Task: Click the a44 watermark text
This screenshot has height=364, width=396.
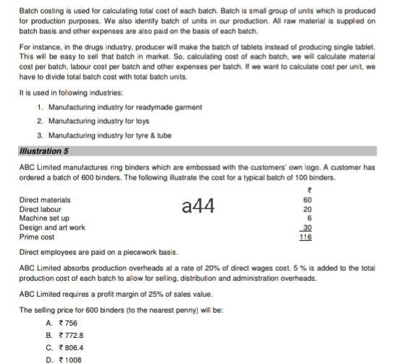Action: pyautogui.click(x=198, y=207)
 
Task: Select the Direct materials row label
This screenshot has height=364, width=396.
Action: pyautogui.click(x=45, y=200)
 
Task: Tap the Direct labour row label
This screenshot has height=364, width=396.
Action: pyautogui.click(x=41, y=209)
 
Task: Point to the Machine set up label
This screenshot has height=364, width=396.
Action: pyautogui.click(x=44, y=218)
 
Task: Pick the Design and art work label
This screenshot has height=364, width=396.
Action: pyautogui.click(x=52, y=227)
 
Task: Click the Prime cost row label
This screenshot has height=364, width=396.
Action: pyautogui.click(x=37, y=237)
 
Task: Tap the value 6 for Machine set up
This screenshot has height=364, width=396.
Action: pyautogui.click(x=308, y=218)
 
